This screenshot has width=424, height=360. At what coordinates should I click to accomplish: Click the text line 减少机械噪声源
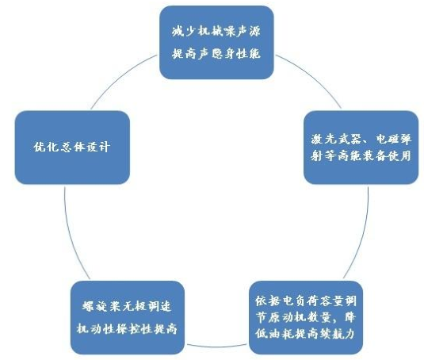pos(216,32)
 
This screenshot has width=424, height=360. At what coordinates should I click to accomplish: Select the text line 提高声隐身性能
pos(216,54)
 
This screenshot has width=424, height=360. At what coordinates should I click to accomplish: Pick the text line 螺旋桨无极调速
pos(127,306)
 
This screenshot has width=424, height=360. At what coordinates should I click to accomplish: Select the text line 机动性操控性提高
pos(127,328)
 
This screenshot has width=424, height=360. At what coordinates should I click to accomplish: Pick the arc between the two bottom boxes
pos(216,347)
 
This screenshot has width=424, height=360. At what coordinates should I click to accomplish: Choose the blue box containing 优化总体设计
pos(72,147)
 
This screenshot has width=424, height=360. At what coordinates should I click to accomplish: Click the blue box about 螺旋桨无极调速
pos(128,317)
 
